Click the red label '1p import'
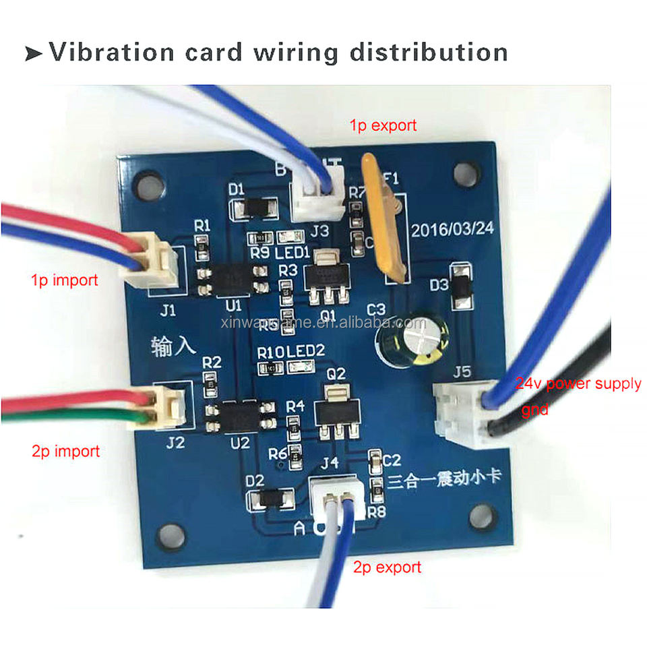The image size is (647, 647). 65,280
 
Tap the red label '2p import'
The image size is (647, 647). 65,451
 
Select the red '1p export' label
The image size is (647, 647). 383,125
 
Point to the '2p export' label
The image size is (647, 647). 387,567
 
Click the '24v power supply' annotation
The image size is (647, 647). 578,384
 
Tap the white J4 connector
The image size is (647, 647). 334,491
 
